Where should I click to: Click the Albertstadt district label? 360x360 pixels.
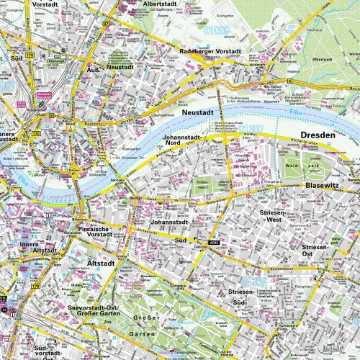click(161, 4)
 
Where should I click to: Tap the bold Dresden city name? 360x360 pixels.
click(319, 135)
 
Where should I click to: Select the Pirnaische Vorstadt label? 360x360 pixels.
click(94, 232)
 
